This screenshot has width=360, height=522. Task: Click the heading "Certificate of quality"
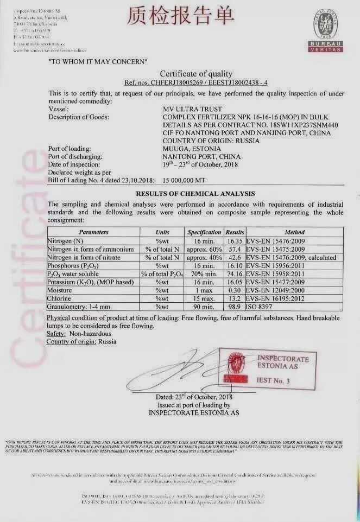pos(195,74)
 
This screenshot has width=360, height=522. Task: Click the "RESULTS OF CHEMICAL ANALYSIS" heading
pos(195,193)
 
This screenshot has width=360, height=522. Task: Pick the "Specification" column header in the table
pos(204,232)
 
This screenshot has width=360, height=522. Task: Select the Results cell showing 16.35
pos(235,240)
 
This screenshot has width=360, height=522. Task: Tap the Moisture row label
pos(62,290)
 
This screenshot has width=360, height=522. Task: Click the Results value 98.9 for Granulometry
pos(235,307)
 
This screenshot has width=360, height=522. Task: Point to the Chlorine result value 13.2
pos(235,299)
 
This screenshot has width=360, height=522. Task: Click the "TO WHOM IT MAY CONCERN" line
pos(98,61)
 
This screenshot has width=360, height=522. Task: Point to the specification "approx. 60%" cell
pos(204,249)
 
